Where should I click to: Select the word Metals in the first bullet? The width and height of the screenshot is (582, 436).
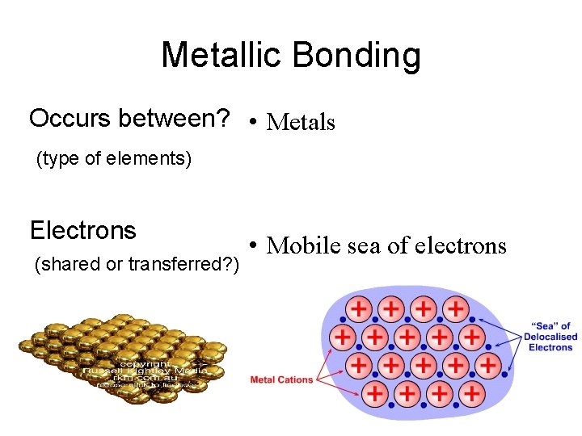[301, 123]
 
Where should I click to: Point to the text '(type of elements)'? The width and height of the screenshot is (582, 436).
[114, 159]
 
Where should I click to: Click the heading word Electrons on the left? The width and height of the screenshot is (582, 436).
[82, 231]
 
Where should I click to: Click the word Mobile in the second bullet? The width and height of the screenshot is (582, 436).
[303, 245]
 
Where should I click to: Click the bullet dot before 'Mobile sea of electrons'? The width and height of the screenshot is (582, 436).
[254, 245]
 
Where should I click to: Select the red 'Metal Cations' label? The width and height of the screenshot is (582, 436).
[281, 379]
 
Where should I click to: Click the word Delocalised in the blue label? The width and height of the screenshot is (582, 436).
[550, 337]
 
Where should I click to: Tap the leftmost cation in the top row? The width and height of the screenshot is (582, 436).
[359, 308]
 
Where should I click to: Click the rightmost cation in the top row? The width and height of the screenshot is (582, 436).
[456, 308]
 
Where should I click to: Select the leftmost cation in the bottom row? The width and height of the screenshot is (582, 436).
[374, 394]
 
